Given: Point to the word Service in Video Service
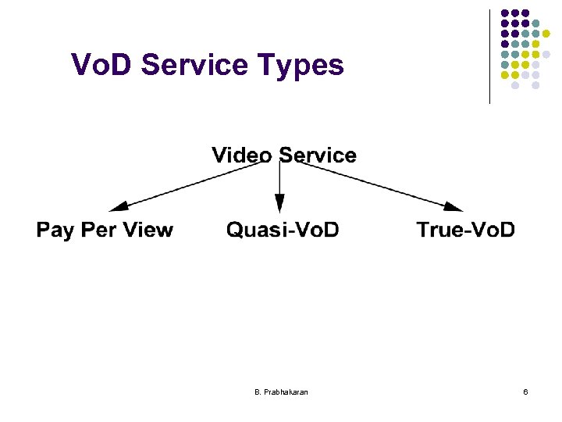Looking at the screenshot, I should coord(318,156).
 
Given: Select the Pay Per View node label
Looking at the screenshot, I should coord(105,230).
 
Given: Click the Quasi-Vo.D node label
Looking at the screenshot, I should coord(283,230).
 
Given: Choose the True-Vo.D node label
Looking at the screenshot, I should coord(466,230).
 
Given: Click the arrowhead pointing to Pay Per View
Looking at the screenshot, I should coord(119,207).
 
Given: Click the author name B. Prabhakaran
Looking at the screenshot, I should coord(281,391).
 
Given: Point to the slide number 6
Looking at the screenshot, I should coord(525,391).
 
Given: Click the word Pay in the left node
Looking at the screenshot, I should coord(55,231).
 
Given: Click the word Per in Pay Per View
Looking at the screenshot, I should coord(97,230).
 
